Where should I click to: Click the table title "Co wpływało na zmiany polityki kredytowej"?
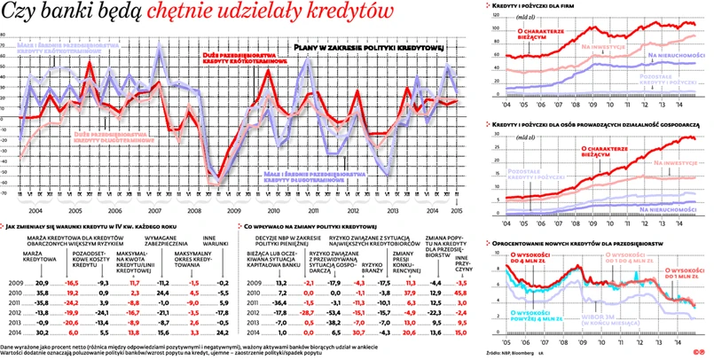[307, 228]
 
